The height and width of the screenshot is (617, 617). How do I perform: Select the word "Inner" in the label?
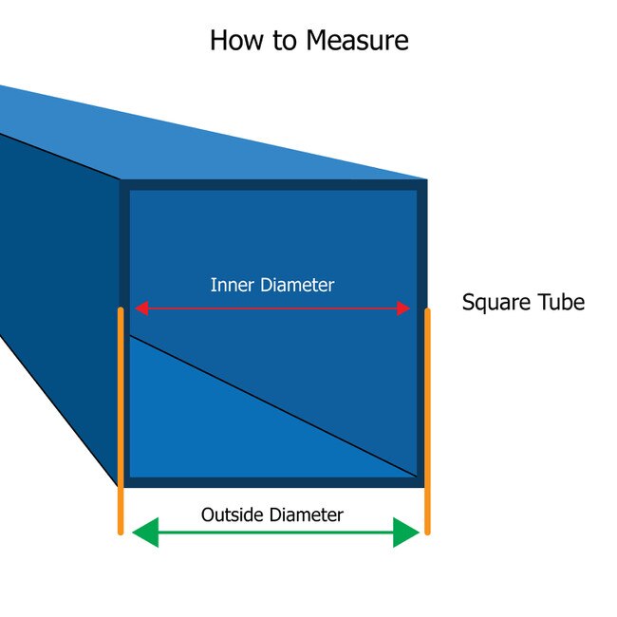point(231,285)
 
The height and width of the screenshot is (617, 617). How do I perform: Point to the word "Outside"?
point(233,515)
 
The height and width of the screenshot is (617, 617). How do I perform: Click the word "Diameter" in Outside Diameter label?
point(306,515)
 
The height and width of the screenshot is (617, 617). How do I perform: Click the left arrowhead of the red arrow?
point(140,308)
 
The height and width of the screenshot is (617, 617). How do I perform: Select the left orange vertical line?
point(121,418)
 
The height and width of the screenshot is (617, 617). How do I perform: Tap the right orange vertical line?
point(427,418)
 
